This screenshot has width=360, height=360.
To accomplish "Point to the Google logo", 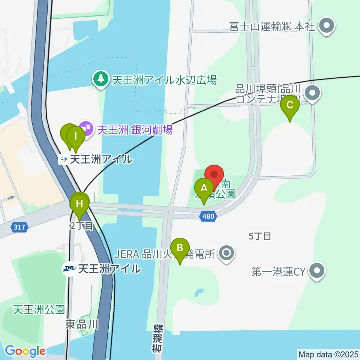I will [x=25, y=351].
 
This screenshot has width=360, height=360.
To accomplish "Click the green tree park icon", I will [x=100, y=79].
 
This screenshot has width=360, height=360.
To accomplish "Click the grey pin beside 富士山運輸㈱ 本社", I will [x=327, y=26].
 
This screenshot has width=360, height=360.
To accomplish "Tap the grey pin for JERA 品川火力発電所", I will [x=226, y=254].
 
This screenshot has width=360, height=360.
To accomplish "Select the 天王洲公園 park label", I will [x=39, y=310].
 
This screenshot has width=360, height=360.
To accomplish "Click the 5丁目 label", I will [x=260, y=236].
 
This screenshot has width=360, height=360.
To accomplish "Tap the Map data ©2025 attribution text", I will [x=328, y=354].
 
